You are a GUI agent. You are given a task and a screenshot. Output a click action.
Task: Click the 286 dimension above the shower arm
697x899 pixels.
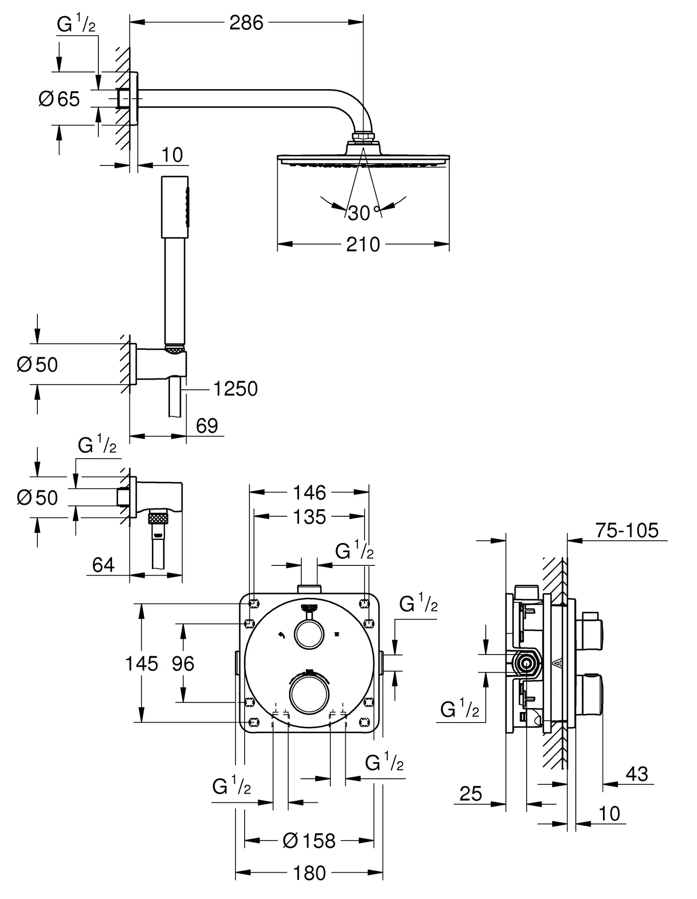pyautogui.click(x=246, y=23)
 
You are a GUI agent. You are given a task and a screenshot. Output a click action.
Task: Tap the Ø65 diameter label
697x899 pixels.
pyautogui.click(x=59, y=99)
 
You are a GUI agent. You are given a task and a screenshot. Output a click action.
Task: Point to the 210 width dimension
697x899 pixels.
pyautogui.click(x=363, y=245)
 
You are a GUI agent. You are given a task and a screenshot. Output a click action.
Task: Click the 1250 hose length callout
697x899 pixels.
pyautogui.click(x=235, y=389)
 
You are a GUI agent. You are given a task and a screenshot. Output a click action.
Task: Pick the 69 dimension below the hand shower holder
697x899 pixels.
pyautogui.click(x=207, y=426)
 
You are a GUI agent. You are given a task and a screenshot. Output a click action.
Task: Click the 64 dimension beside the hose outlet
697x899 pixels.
pyautogui.click(x=103, y=565)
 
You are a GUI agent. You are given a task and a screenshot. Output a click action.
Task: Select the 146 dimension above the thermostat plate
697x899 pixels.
pyautogui.click(x=310, y=493)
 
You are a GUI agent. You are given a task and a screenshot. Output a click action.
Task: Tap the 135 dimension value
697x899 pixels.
pyautogui.click(x=310, y=517)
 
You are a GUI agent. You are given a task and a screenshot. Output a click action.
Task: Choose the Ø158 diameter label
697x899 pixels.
pyautogui.click(x=309, y=841)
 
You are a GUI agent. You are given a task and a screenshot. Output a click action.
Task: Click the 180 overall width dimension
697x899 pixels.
pyautogui.click(x=310, y=874)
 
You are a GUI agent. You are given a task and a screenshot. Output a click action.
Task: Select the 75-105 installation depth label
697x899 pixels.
pyautogui.click(x=627, y=531)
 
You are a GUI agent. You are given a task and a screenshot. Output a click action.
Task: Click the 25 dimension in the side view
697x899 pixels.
pyautogui.click(x=471, y=794)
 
